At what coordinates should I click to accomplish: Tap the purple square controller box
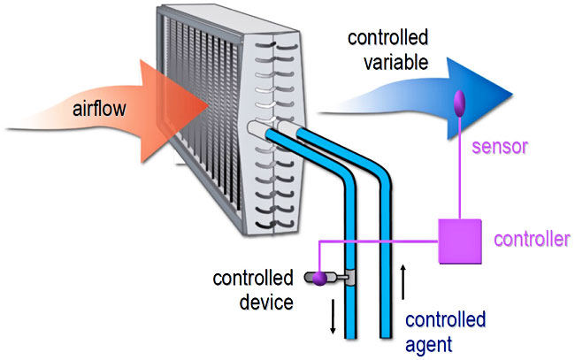coord(460,240)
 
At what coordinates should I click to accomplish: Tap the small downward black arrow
coord(334,319)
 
